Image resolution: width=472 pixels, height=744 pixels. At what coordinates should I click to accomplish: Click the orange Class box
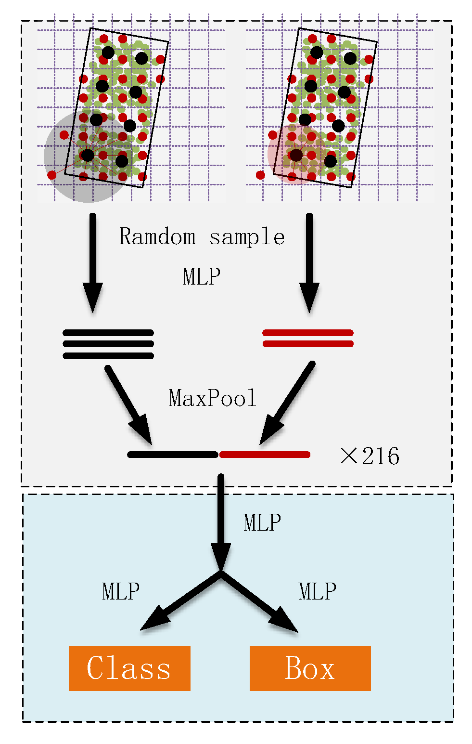tap(129, 668)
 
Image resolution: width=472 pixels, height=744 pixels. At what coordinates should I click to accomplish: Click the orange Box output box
tap(310, 668)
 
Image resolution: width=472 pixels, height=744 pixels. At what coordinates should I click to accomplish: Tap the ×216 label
tap(370, 456)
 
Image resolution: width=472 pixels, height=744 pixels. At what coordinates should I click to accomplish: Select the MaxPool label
tap(213, 398)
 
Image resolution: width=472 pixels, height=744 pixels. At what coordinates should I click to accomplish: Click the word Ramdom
tap(157, 236)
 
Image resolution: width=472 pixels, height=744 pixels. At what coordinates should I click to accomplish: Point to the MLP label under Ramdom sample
tap(202, 276)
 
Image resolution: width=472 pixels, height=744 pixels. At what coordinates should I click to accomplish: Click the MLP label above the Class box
tap(121, 591)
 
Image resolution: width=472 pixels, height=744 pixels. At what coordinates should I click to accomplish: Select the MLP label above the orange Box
tap(317, 591)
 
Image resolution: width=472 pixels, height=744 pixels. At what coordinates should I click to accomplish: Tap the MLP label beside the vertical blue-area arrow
tap(262, 522)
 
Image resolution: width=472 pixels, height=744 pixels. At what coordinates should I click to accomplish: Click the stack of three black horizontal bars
tap(108, 344)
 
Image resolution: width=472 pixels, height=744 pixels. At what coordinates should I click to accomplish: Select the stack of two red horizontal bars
tap(308, 338)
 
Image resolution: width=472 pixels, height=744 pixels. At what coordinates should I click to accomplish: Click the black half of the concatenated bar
tap(173, 455)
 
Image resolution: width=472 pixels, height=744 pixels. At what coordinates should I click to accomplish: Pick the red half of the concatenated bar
tap(265, 455)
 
